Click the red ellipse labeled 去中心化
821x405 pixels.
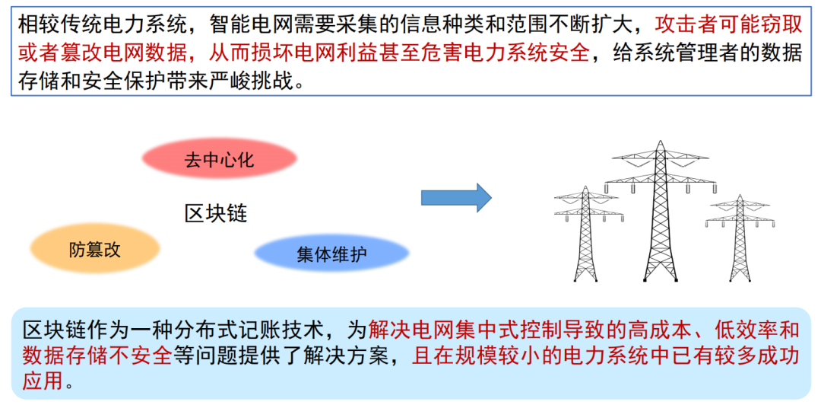[219, 160]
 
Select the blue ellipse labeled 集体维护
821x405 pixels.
[331, 254]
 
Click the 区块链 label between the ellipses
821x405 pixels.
[216, 213]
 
